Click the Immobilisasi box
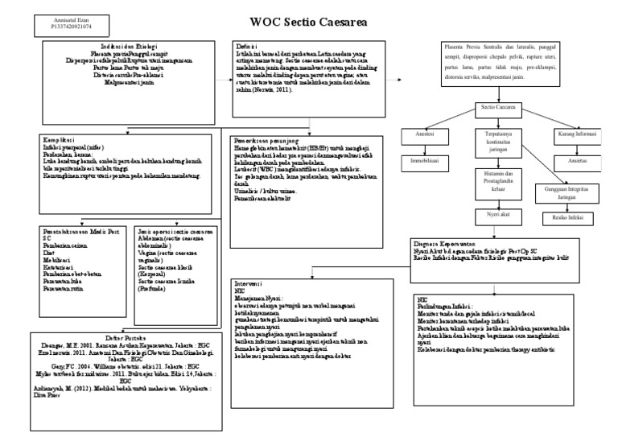[x=426, y=162]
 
